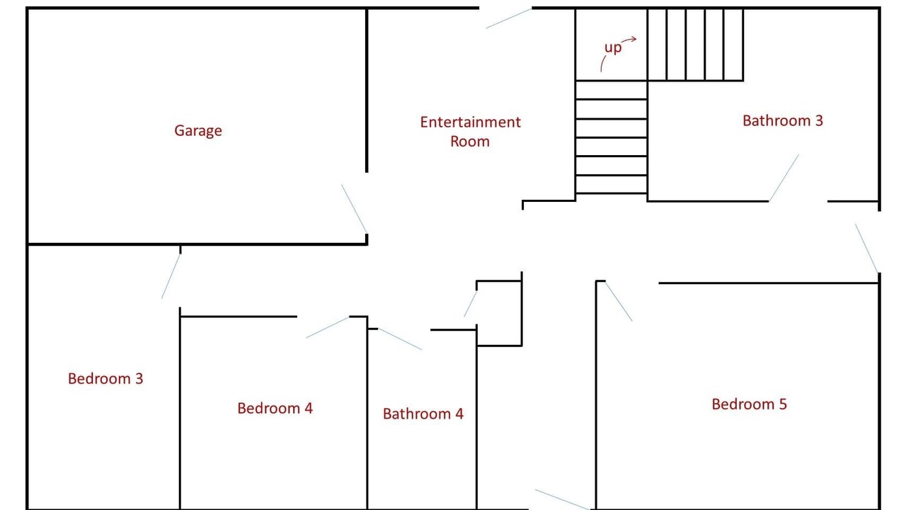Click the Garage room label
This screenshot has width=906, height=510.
[198, 131]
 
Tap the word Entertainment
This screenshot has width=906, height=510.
[471, 122]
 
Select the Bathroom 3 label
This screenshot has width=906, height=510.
[783, 120]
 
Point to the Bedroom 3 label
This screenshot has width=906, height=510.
[105, 378]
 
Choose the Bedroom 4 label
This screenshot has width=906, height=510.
[275, 408]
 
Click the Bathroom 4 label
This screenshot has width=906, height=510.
[423, 414]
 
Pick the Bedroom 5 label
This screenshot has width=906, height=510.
[750, 404]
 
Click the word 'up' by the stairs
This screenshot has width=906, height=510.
[613, 47]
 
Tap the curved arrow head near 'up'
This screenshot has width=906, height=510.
[633, 39]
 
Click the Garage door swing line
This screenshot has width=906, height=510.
[355, 209]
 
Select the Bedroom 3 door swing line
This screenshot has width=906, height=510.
[171, 276]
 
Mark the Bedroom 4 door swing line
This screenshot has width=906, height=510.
[327, 327]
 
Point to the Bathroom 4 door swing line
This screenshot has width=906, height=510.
[400, 339]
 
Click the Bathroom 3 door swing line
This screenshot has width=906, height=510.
[784, 178]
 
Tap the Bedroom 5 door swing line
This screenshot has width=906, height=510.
[619, 301]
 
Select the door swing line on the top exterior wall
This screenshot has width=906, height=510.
[508, 18]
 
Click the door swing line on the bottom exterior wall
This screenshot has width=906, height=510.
[562, 499]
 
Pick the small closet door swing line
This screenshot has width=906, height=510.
[471, 304]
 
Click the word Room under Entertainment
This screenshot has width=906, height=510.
[470, 141]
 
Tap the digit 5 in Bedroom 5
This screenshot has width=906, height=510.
[783, 404]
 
